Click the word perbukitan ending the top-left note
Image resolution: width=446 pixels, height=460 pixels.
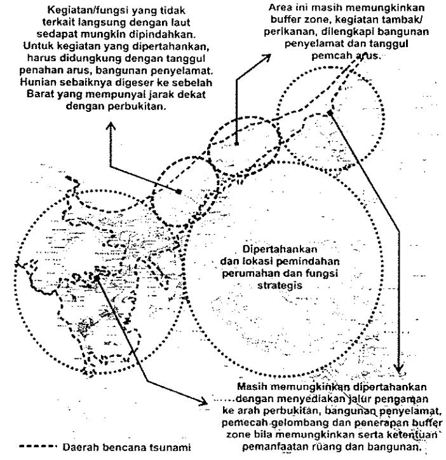pyautogui.click(x=137, y=106)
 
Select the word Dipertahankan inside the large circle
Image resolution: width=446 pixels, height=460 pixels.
pyautogui.click(x=280, y=249)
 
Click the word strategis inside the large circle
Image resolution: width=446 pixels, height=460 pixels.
pyautogui.click(x=280, y=286)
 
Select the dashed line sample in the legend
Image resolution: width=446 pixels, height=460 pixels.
pyautogui.click(x=37, y=447)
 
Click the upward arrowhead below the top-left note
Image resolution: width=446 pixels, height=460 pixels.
pyautogui.click(x=111, y=126)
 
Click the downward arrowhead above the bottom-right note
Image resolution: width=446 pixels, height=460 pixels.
pyautogui.click(x=398, y=368)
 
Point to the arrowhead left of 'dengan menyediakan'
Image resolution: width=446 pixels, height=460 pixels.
pyautogui.click(x=203, y=401)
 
